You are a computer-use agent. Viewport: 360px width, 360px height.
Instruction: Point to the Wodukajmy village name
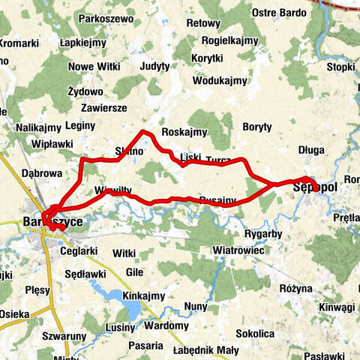pyautogui.click(x=220, y=80)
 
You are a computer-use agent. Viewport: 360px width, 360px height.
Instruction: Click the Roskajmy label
pyautogui.click(x=184, y=132)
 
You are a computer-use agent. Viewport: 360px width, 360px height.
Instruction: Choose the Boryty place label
pyautogui.click(x=257, y=127)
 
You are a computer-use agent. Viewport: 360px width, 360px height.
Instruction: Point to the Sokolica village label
pyautogui.click(x=255, y=333)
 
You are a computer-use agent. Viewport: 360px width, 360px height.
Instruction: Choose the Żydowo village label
pyautogui.click(x=85, y=91)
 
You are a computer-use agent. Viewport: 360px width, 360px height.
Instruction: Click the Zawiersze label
pyautogui.click(x=104, y=108)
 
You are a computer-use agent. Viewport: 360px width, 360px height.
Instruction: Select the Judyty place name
pyautogui.click(x=155, y=66)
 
